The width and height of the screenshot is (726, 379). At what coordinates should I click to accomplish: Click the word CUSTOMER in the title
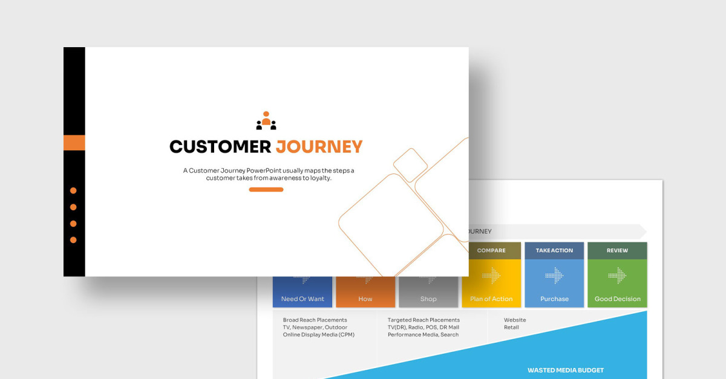point(220,147)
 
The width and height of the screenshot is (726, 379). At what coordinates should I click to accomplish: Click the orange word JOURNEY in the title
point(319,147)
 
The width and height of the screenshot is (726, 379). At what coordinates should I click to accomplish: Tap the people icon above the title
point(266,120)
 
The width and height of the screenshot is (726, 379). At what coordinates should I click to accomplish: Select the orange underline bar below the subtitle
point(266,190)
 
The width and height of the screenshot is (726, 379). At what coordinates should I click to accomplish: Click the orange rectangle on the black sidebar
point(74,143)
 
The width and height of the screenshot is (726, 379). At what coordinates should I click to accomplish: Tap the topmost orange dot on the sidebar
point(73,190)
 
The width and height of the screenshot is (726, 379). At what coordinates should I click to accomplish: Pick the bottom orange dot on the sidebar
point(73,240)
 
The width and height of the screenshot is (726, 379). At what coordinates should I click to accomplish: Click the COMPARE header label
point(491,250)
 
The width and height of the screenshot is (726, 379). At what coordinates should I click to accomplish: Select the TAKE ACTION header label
point(554,250)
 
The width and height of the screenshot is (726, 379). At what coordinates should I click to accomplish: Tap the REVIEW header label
point(617,250)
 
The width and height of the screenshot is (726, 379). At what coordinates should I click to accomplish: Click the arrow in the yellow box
point(491,276)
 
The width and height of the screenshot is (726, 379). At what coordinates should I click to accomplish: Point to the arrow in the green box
point(618,276)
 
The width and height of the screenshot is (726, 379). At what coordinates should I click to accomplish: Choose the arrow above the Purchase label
point(554,276)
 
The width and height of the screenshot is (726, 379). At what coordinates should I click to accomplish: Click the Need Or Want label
point(302,299)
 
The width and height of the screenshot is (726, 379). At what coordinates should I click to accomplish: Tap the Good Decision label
point(618,299)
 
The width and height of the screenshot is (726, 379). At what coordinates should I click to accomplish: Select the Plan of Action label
point(491,299)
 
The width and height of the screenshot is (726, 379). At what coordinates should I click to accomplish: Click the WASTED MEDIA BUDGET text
point(566,371)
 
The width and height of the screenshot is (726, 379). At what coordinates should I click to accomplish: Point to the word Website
point(515,320)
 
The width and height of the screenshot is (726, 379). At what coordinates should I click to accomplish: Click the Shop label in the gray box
point(428,299)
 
